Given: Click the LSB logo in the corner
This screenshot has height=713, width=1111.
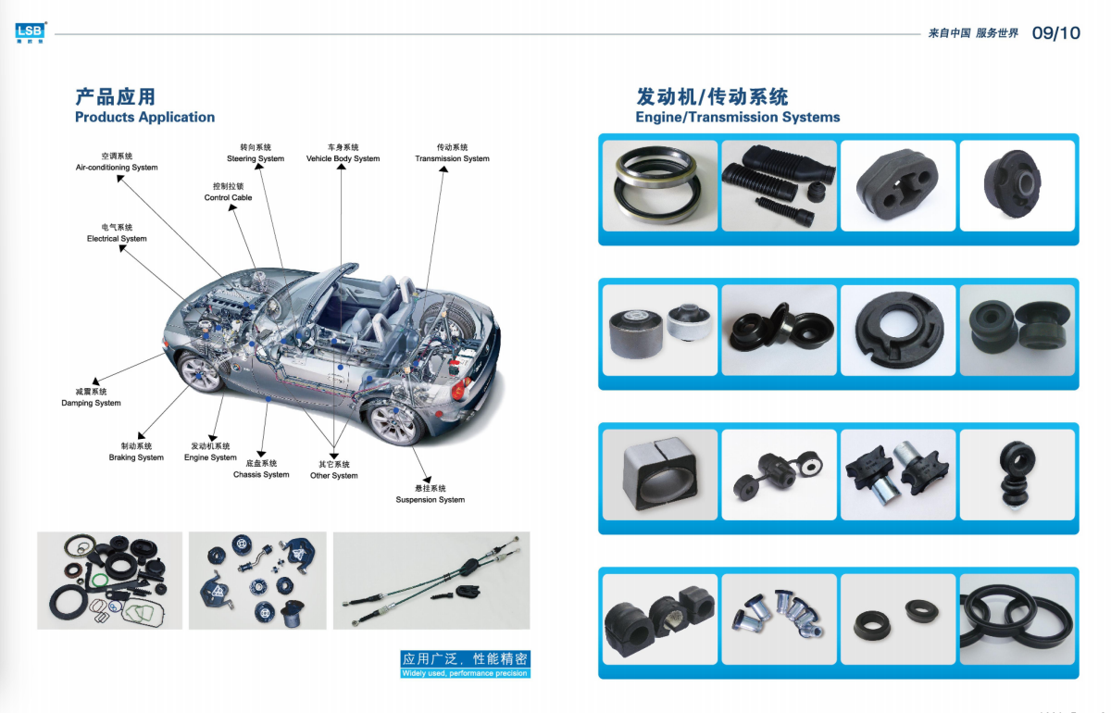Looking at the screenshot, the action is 31,32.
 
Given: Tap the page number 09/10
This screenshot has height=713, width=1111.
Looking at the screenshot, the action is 1056,33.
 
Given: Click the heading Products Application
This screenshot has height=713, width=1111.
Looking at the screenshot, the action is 144,117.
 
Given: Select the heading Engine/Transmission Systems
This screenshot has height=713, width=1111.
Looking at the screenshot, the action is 738,117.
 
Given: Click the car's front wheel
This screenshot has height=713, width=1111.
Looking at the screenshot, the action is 201,372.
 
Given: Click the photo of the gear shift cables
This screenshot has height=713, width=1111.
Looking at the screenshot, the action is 431,581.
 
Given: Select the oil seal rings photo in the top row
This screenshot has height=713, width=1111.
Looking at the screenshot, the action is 660,185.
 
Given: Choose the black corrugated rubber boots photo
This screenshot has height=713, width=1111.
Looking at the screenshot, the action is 780,185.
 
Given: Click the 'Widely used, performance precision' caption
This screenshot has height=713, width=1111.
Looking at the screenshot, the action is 465,673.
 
